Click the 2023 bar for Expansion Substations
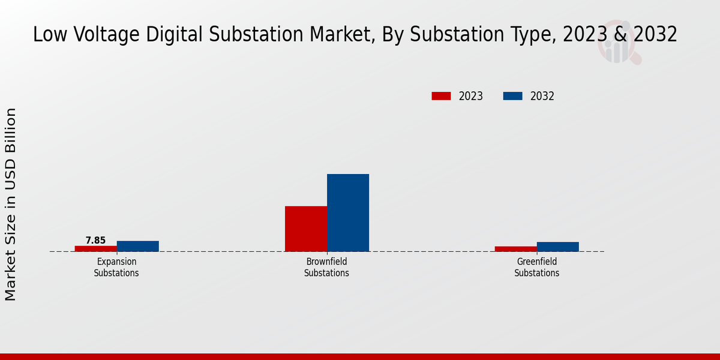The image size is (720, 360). (x=96, y=248)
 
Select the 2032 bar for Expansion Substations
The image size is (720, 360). (x=138, y=246)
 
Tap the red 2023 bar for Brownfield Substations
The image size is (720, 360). (x=306, y=229)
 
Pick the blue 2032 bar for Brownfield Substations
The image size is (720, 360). (x=348, y=212)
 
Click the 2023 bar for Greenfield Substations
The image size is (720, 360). (x=516, y=248)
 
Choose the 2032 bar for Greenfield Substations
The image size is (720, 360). (x=558, y=247)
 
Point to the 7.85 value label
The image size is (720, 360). (x=95, y=241)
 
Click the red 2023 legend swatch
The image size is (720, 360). (x=441, y=96)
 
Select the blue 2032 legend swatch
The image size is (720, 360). (x=512, y=96)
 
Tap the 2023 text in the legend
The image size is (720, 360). (x=471, y=96)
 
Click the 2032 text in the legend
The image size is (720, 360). (x=542, y=96)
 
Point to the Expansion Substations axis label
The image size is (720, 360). (x=116, y=267)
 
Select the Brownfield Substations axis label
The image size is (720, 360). (x=326, y=267)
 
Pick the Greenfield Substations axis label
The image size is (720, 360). (x=536, y=267)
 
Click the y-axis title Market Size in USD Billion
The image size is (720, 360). (x=11, y=204)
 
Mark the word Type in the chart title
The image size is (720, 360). (x=530, y=35)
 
